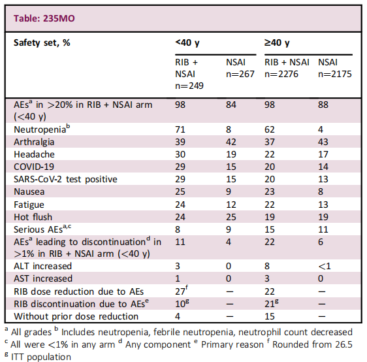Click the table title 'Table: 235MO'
click(44, 18)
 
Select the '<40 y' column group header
click(187, 43)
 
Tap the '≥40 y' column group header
click(277, 43)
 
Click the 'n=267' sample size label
click(240, 74)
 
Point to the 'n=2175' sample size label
click(335, 74)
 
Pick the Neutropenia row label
click(42, 129)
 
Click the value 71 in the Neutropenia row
click(180, 129)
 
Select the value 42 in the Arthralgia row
click(231, 142)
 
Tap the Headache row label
click(34, 154)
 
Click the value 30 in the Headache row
click(180, 154)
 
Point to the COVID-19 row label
click(34, 167)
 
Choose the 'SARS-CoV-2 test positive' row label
click(65, 179)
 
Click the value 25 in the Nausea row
click(180, 191)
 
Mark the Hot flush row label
click(33, 217)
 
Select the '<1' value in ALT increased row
click(325, 266)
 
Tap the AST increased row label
click(43, 278)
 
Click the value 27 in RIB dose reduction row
click(180, 291)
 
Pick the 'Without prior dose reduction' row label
click(76, 316)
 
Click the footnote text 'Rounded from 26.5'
click(312, 344)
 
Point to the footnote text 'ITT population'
click(41, 357)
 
